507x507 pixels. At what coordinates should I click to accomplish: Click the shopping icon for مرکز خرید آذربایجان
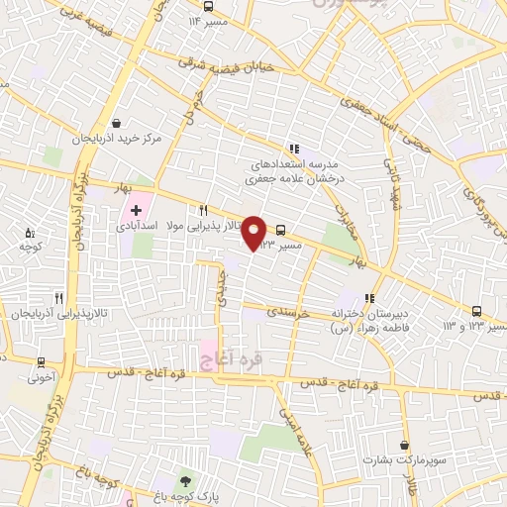tap(118, 125)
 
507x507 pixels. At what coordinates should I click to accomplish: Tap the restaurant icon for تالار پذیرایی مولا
tap(203, 210)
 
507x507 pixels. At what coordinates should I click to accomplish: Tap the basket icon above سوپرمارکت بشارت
tap(405, 446)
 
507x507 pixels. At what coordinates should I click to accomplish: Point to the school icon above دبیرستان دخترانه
tap(369, 297)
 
